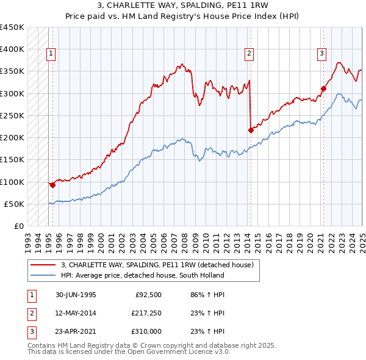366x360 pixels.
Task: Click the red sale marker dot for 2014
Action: pyautogui.click(x=251, y=130)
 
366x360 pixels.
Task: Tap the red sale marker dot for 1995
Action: pyautogui.click(x=53, y=185)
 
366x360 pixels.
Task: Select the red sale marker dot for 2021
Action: pyautogui.click(x=323, y=89)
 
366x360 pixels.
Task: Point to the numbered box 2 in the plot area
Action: pyautogui.click(x=249, y=54)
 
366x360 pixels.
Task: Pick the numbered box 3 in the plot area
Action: pyautogui.click(x=321, y=54)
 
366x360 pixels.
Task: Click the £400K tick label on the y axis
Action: pyautogui.click(x=12, y=49)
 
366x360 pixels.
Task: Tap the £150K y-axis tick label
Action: pyautogui.click(x=12, y=160)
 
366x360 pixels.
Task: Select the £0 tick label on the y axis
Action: pyautogui.click(x=18, y=226)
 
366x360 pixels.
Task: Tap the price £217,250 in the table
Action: pyautogui.click(x=145, y=314)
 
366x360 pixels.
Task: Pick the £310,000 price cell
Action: pyautogui.click(x=145, y=331)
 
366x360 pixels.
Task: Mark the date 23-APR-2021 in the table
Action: pyautogui.click(x=76, y=331)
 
